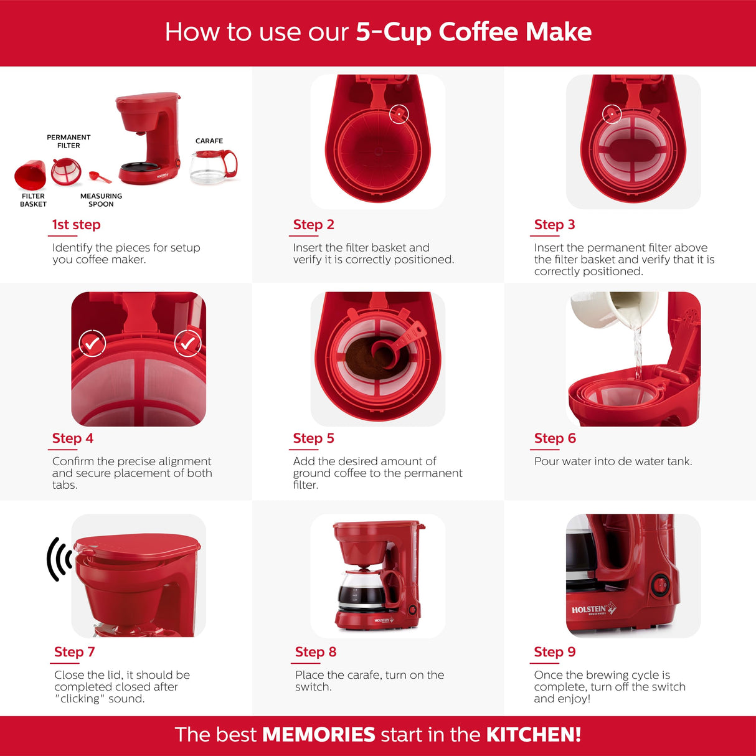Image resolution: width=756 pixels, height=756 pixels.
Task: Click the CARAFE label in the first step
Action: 209,141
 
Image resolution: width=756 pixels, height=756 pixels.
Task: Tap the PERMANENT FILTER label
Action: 69,141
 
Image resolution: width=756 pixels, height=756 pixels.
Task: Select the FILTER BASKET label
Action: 34,200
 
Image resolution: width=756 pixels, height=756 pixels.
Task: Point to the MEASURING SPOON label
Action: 102,200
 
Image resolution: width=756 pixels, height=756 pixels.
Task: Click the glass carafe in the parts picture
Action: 214,167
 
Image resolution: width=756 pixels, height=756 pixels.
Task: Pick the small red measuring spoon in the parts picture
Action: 100,177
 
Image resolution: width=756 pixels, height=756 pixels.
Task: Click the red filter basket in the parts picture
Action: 30,174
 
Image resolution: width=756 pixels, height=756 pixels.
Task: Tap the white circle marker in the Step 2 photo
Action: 399,114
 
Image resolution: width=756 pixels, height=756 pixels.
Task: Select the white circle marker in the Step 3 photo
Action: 612,114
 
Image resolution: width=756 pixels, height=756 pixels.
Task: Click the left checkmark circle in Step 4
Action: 92,343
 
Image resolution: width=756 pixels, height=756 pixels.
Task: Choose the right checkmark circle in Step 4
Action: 188,343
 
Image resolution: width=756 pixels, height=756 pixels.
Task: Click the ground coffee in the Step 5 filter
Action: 363,359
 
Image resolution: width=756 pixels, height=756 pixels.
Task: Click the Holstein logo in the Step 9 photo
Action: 593,609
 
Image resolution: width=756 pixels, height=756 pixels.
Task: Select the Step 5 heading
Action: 313,438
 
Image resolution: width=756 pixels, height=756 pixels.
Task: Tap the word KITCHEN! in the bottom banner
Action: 534,734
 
